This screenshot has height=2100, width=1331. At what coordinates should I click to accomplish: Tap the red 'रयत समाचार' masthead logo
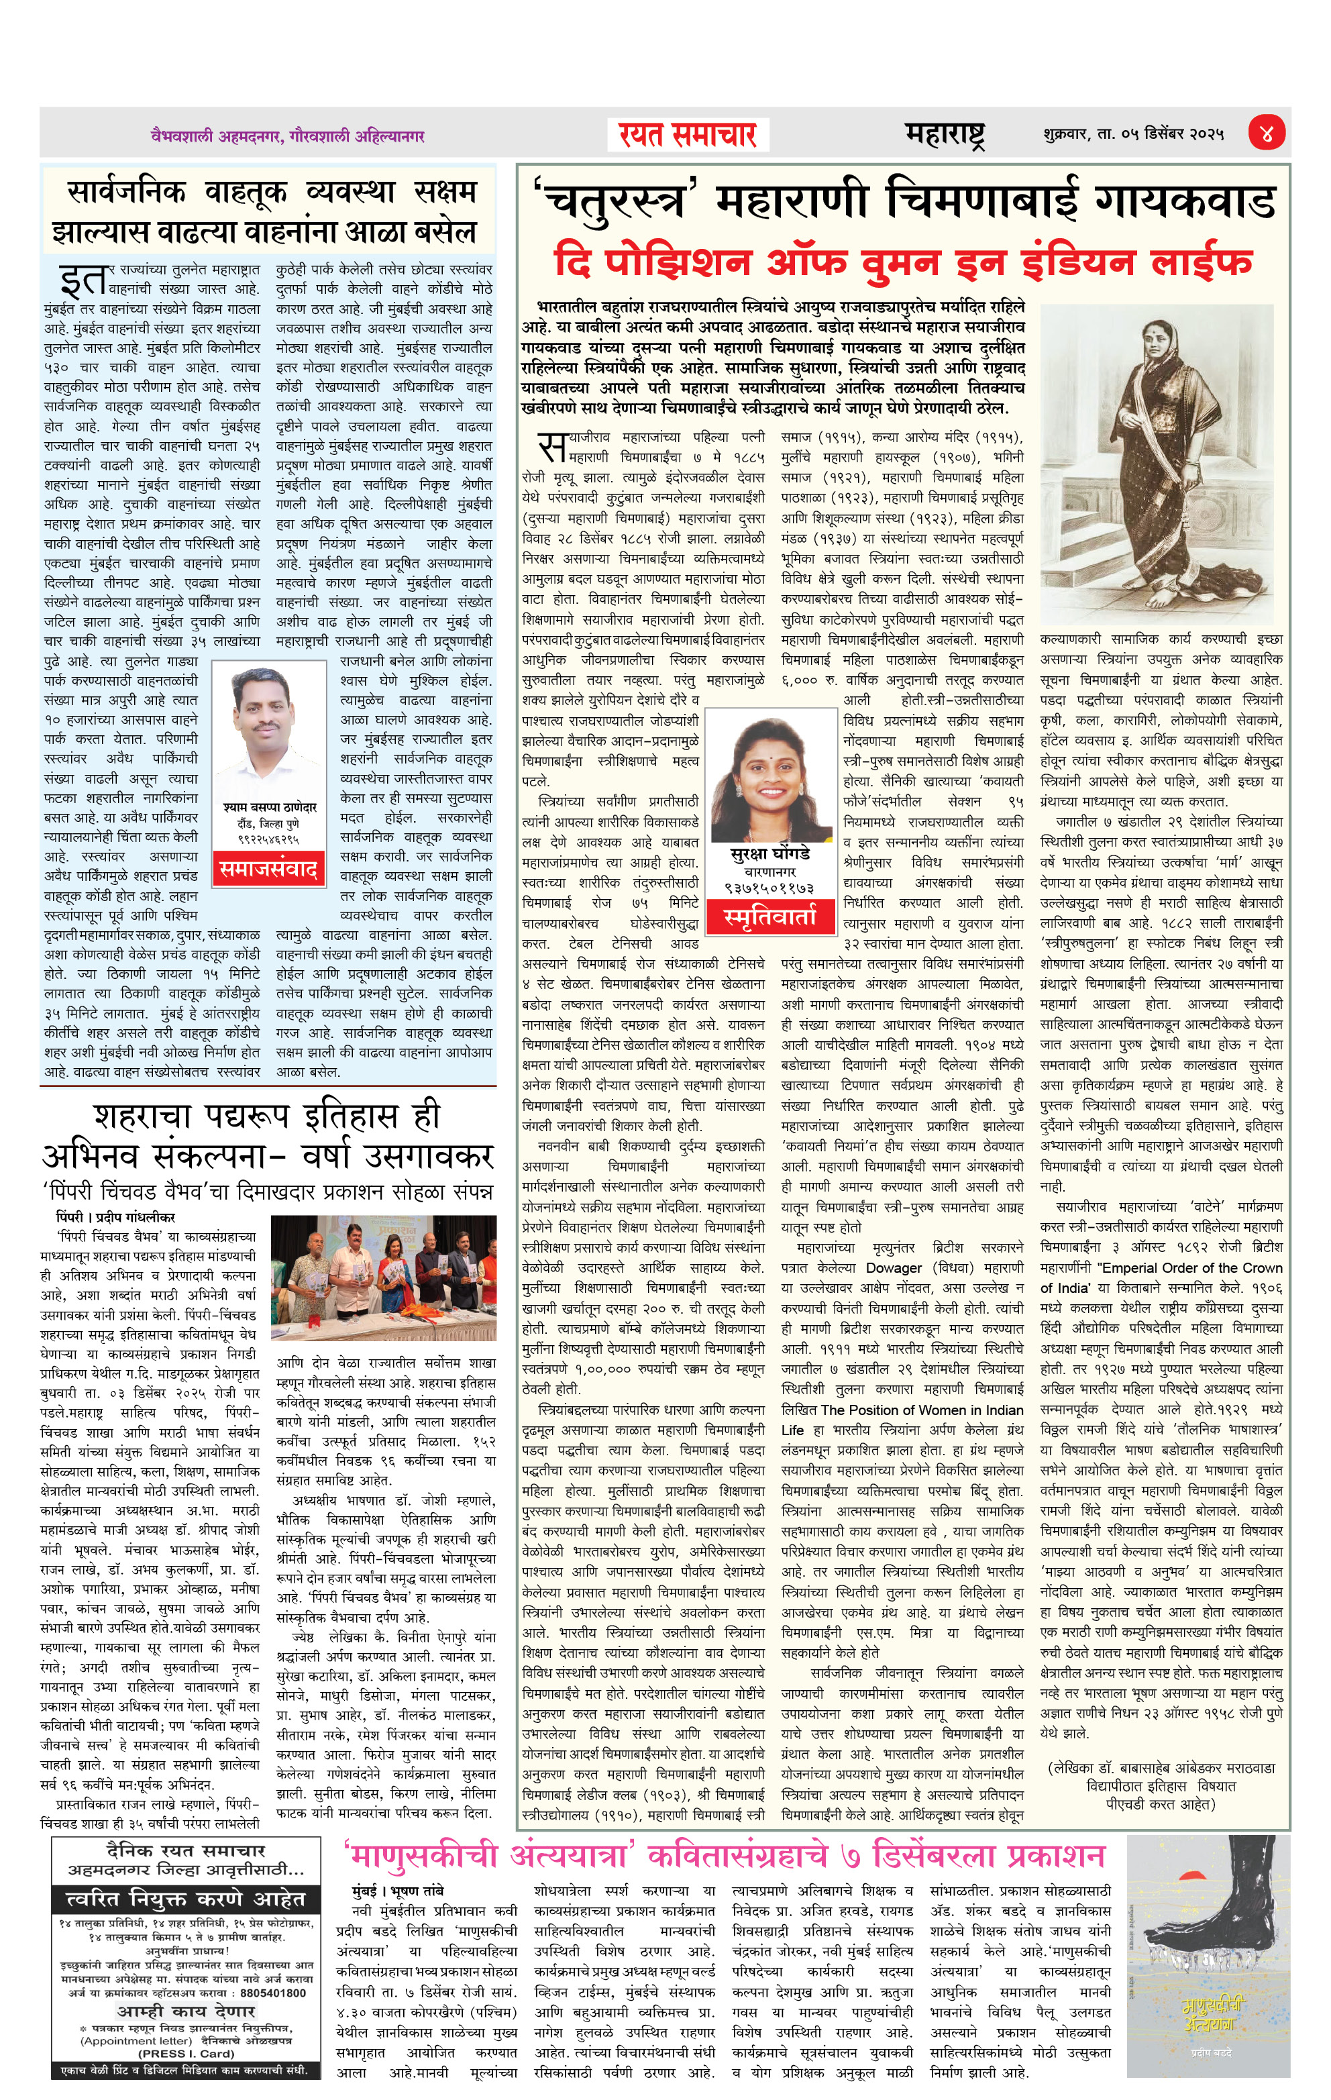tap(686, 135)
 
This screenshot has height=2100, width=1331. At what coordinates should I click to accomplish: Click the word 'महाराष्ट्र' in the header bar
tap(945, 134)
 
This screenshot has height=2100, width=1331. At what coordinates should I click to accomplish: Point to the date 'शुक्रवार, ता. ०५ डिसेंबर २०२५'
tap(1132, 134)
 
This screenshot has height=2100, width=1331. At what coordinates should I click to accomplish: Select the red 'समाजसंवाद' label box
tap(268, 869)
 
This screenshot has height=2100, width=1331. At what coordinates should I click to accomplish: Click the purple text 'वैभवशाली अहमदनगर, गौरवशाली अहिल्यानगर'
tap(288, 136)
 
